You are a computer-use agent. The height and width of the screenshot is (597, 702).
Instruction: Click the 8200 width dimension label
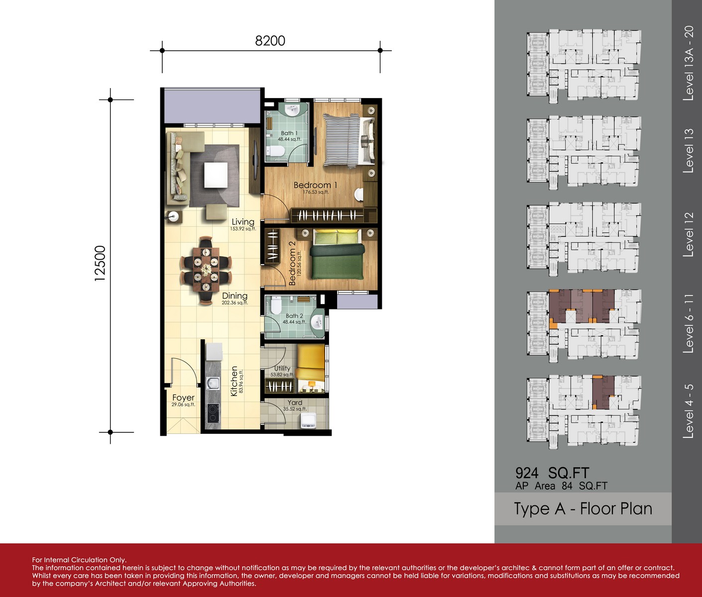click(x=270, y=41)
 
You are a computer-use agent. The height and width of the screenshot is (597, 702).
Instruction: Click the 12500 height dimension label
click(x=100, y=263)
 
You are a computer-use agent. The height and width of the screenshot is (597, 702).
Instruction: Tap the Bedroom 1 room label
click(x=315, y=185)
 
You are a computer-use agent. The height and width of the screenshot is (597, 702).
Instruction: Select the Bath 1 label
click(x=289, y=133)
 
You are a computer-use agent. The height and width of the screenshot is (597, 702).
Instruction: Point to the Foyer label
click(x=183, y=398)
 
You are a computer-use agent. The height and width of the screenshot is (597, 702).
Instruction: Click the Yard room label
click(x=294, y=402)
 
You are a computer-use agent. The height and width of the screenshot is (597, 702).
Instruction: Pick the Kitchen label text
click(x=234, y=381)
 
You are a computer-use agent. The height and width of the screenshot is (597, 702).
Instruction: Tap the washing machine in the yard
click(x=308, y=420)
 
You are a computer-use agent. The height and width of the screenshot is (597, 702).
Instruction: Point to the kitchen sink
click(x=213, y=383)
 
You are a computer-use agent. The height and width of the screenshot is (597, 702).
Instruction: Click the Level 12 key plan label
click(x=688, y=234)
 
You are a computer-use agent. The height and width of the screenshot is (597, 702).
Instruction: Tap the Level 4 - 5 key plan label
click(x=688, y=411)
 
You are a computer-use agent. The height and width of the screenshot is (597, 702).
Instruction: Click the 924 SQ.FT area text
click(x=552, y=473)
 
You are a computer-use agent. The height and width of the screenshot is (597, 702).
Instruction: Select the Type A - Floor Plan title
click(x=583, y=509)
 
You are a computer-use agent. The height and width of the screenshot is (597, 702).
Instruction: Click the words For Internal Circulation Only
click(x=79, y=560)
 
